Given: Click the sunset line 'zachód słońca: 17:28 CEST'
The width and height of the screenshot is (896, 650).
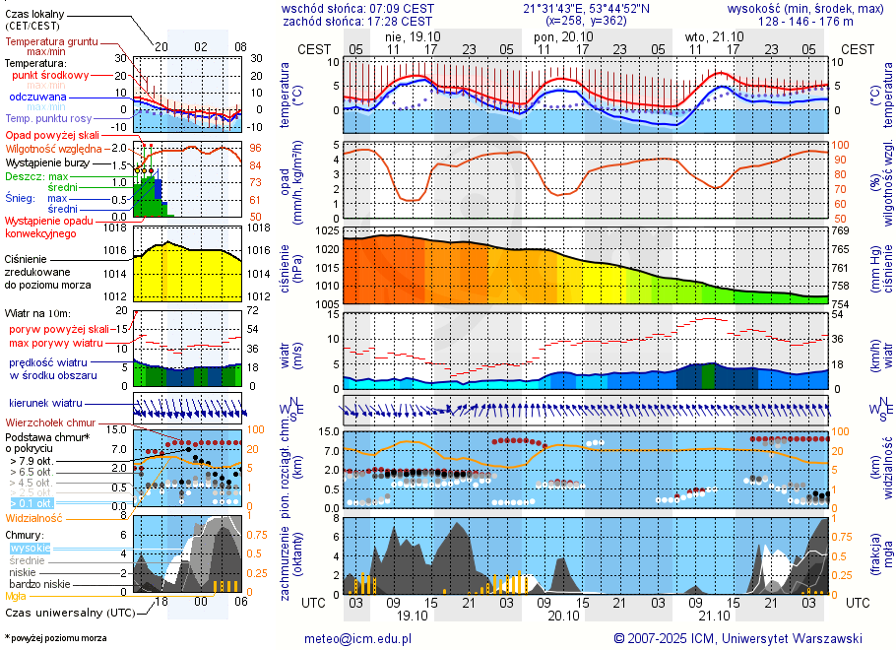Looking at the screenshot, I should (x=356, y=21).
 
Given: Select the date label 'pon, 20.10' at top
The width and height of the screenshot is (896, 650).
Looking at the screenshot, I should (x=558, y=35).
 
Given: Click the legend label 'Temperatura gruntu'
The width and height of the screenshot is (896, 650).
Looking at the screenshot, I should (x=51, y=42).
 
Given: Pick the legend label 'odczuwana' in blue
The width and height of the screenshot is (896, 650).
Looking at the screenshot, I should (x=37, y=97).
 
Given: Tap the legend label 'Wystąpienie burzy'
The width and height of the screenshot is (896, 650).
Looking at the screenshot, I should (x=45, y=162).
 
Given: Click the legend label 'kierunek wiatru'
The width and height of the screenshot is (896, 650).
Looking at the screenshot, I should (x=45, y=403).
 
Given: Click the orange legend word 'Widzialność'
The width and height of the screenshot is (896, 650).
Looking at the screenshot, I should (x=33, y=517).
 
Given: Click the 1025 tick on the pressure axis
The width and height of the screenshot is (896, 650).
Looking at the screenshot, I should (x=327, y=230).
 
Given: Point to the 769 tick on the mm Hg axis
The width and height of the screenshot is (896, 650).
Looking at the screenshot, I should (x=841, y=230).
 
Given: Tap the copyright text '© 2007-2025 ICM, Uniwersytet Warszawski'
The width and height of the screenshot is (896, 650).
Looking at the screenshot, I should (x=737, y=638).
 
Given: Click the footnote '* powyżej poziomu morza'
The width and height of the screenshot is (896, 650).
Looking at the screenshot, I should (x=55, y=638).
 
